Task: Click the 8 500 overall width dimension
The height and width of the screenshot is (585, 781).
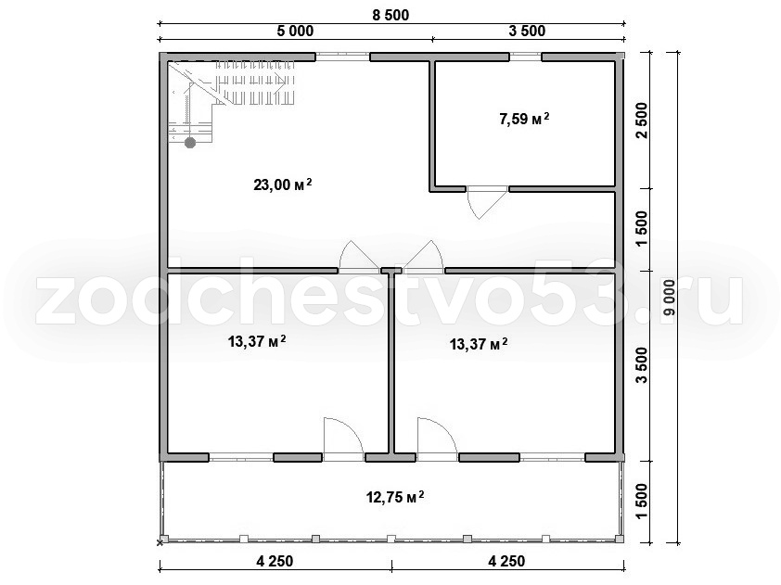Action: [x=391, y=15]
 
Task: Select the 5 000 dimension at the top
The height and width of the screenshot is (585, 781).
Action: [x=295, y=31]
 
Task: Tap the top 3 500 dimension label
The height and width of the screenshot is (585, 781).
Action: [x=527, y=31]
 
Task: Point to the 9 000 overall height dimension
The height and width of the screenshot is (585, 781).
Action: [x=669, y=298]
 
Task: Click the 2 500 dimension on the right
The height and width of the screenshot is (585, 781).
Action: [x=642, y=121]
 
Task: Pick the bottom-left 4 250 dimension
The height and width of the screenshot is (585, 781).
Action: [x=275, y=561]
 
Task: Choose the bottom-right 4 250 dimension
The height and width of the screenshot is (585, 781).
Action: [x=506, y=561]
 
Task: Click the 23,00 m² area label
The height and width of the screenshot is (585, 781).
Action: [x=283, y=184]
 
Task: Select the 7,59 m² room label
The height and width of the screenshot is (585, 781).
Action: [x=524, y=119]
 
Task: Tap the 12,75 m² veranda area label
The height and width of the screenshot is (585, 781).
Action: [x=395, y=497]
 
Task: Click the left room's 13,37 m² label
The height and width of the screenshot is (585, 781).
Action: [x=257, y=341]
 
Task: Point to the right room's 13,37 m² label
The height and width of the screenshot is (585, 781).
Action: [x=479, y=344]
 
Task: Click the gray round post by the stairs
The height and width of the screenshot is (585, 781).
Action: [x=190, y=143]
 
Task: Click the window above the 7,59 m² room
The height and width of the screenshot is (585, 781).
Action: [x=526, y=57]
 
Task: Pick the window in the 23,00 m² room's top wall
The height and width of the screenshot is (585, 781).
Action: [x=342, y=57]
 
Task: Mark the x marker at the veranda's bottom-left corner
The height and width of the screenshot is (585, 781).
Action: [x=160, y=542]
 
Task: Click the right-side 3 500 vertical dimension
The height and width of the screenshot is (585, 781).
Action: [x=642, y=365]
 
